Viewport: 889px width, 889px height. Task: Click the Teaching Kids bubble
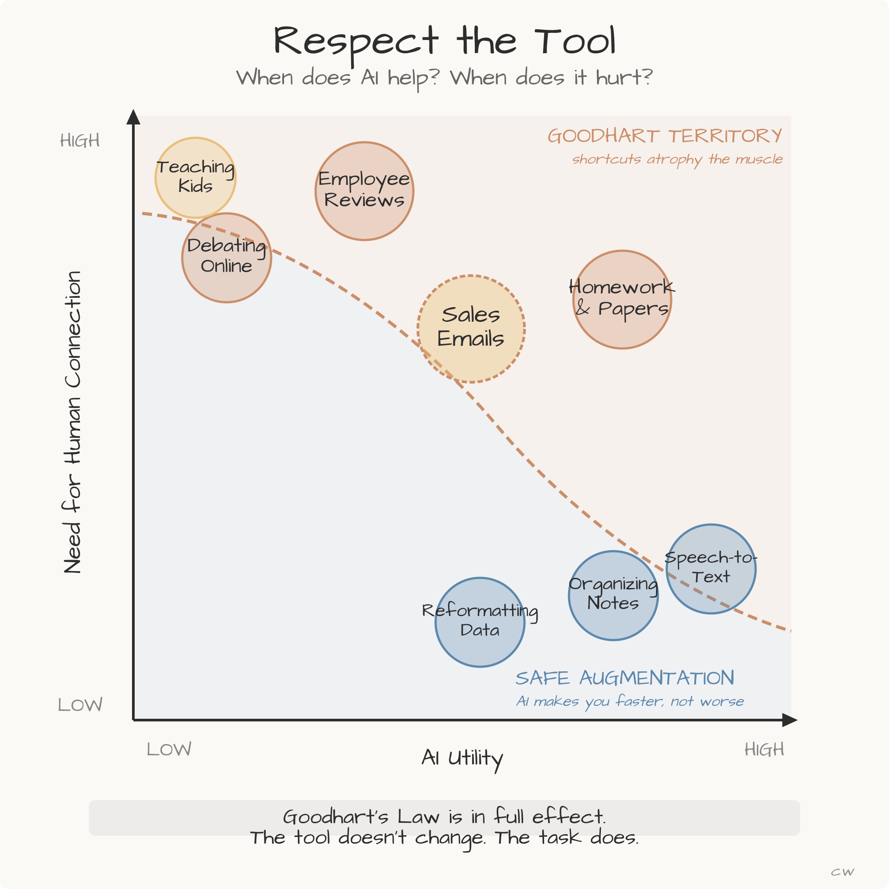tap(196, 177)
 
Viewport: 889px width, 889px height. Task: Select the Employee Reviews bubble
tap(364, 191)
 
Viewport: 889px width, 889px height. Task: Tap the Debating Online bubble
tap(226, 258)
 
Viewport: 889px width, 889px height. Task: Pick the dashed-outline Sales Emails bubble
tap(471, 328)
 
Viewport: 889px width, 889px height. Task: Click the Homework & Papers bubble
tap(622, 300)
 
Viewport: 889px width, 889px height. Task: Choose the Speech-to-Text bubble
tap(711, 569)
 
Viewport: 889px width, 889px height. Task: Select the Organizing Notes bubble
tap(613, 596)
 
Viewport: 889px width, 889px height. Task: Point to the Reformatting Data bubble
tap(480, 622)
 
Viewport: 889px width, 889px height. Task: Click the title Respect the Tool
tap(444, 41)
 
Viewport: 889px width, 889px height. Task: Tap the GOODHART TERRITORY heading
tap(665, 136)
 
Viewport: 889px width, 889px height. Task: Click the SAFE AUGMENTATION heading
tap(625, 678)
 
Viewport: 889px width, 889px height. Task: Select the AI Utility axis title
tap(462, 758)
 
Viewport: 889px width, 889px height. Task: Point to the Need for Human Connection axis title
tap(73, 422)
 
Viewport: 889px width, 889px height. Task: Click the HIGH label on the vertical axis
tap(80, 141)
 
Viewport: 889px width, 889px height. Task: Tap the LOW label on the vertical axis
tap(80, 705)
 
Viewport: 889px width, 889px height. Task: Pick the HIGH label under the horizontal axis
tap(764, 749)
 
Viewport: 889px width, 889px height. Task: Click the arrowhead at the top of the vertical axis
tap(133, 117)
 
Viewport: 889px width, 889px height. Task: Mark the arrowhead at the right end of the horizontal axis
tap(789, 721)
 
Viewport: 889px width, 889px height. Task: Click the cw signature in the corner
tap(842, 873)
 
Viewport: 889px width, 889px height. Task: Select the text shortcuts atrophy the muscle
tap(677, 159)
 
